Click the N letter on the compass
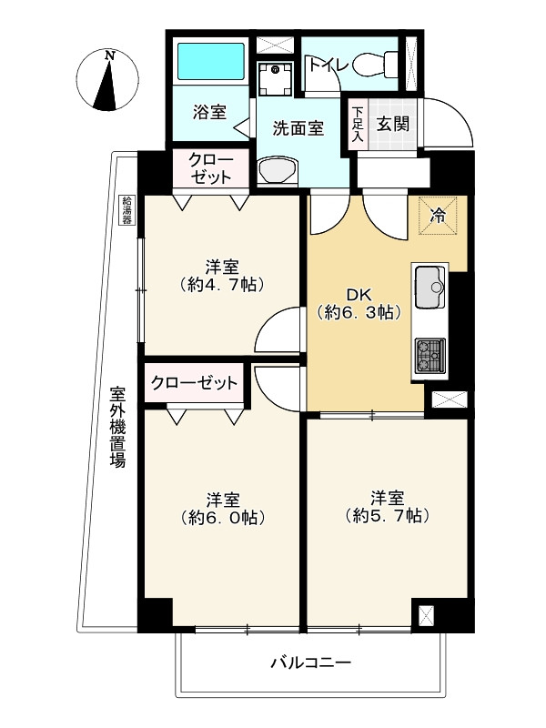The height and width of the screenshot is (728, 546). (109, 56)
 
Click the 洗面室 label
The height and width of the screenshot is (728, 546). (298, 128)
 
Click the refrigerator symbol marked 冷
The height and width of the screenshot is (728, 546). (438, 216)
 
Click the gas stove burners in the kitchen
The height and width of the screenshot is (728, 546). (430, 354)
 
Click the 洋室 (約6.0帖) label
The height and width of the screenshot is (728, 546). (222, 508)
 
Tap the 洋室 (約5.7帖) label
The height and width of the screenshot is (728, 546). (387, 506)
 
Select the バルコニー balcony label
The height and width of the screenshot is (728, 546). (310, 662)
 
